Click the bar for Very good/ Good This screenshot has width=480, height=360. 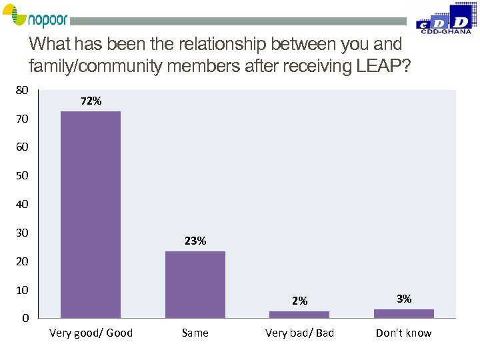(91, 214)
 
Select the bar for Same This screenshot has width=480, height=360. (195, 284)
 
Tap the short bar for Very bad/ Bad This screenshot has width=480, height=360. (299, 314)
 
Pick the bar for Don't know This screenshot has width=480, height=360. (403, 313)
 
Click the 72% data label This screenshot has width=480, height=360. (91, 101)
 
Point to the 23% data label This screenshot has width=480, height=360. (195, 241)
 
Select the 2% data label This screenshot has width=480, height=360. (299, 301)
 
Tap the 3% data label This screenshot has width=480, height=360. (404, 299)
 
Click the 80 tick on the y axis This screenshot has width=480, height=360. (21, 89)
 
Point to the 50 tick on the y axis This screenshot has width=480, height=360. (21, 176)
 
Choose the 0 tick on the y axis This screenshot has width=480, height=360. (25, 319)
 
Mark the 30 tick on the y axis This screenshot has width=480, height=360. (21, 233)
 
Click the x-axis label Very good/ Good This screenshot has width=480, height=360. (91, 333)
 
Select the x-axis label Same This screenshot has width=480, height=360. (195, 333)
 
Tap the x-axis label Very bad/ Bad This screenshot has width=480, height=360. (299, 333)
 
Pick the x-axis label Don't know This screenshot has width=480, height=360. (403, 333)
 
